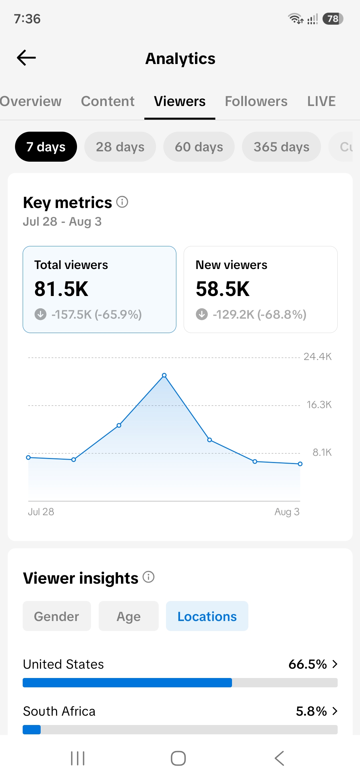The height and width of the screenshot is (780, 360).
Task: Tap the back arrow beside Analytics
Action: tap(26, 58)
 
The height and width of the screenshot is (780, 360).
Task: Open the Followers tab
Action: tap(256, 101)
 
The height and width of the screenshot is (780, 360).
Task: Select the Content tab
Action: tap(108, 101)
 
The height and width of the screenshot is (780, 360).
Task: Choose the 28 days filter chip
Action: tap(120, 147)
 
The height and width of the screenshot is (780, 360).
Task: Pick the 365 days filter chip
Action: tap(281, 147)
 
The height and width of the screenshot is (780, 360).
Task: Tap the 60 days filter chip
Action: tap(199, 147)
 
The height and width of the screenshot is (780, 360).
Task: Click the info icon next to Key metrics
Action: tap(122, 202)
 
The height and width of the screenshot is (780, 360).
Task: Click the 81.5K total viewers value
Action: tap(61, 289)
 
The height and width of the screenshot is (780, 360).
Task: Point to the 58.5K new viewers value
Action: tap(223, 289)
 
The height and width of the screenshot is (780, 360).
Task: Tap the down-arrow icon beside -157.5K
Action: tap(41, 314)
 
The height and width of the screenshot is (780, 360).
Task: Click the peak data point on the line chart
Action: tap(164, 375)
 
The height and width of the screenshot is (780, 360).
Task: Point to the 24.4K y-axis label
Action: tap(318, 357)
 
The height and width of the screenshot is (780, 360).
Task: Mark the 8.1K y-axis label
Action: tap(322, 452)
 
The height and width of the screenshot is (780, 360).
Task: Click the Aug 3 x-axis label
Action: tap(287, 512)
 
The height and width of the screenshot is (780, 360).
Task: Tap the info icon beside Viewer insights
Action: tap(149, 577)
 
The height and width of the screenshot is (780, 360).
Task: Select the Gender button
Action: tap(57, 616)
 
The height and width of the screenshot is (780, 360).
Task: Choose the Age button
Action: tap(129, 616)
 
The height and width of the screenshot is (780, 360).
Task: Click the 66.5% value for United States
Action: tap(307, 664)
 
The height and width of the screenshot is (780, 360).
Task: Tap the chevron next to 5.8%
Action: tap(335, 711)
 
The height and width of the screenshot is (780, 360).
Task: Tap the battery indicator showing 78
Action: tap(333, 19)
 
